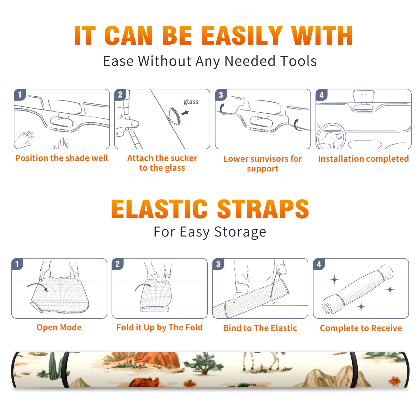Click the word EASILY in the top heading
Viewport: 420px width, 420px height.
point(242,36)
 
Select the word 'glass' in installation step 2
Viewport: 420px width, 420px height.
point(191,102)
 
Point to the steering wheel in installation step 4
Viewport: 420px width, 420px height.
point(331,136)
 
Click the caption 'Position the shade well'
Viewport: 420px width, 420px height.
point(62,158)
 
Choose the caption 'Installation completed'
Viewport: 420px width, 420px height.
point(363,159)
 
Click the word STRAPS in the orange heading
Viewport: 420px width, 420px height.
point(263,209)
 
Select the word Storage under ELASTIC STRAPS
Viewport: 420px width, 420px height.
point(240,232)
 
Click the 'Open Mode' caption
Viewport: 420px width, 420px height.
point(59,327)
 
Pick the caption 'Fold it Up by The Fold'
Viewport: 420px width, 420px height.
point(160,327)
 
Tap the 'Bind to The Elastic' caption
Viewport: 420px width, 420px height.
point(260,328)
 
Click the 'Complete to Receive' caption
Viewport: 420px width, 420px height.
point(361,328)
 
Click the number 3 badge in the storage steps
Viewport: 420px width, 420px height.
point(218,264)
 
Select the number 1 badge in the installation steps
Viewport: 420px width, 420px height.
point(20,94)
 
